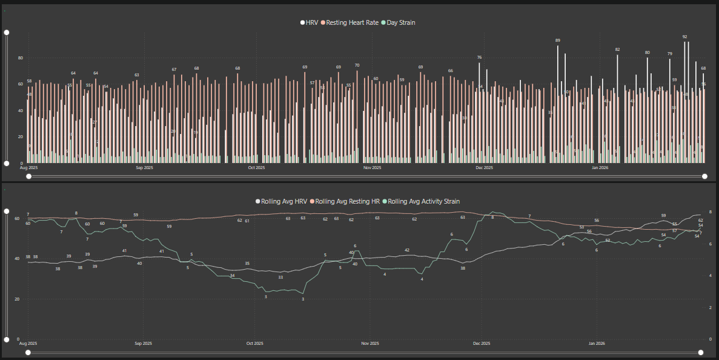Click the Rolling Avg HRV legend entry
[282, 201]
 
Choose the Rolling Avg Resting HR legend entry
[348, 201]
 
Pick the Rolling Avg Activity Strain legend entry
[427, 201]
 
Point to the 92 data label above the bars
[684, 36]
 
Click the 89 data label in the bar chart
[558, 41]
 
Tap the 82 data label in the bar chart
[617, 50]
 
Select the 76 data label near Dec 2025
[479, 58]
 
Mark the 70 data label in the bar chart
[357, 65]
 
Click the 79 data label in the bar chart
[669, 54]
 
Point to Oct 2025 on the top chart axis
[256, 167]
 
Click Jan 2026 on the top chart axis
[600, 167]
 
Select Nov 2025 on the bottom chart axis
[370, 344]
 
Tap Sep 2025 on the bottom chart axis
[144, 344]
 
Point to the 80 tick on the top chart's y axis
[20, 58]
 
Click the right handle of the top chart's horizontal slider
[704, 176]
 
